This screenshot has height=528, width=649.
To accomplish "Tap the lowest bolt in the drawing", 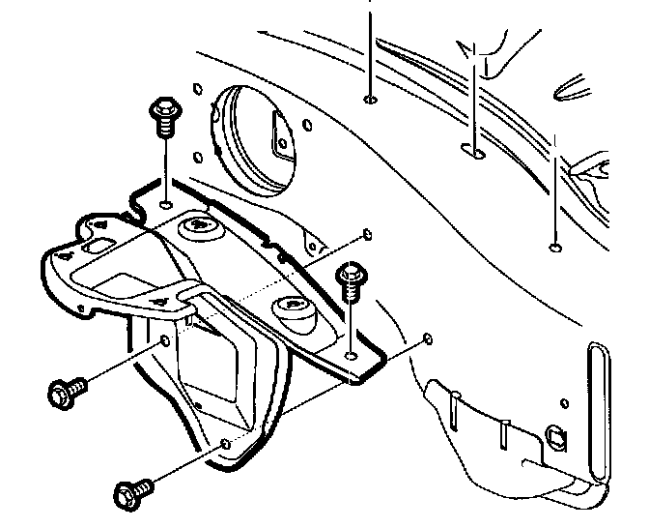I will pyautogui.click(x=128, y=494).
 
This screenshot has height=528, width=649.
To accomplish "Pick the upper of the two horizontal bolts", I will pyautogui.click(x=67, y=392).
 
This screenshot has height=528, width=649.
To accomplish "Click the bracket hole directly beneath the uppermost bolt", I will pyautogui.click(x=166, y=205).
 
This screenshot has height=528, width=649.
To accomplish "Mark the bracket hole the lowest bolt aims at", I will pyautogui.click(x=226, y=443).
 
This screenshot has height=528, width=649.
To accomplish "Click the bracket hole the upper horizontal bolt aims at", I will pyautogui.click(x=165, y=340).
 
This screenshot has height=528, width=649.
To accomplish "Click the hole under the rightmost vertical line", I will pyautogui.click(x=553, y=248).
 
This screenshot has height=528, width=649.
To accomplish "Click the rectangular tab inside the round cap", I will pyautogui.click(x=283, y=135).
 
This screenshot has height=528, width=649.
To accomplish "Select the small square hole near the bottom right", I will pyautogui.click(x=554, y=435).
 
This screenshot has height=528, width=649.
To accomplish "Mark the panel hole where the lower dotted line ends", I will pyautogui.click(x=427, y=340).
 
